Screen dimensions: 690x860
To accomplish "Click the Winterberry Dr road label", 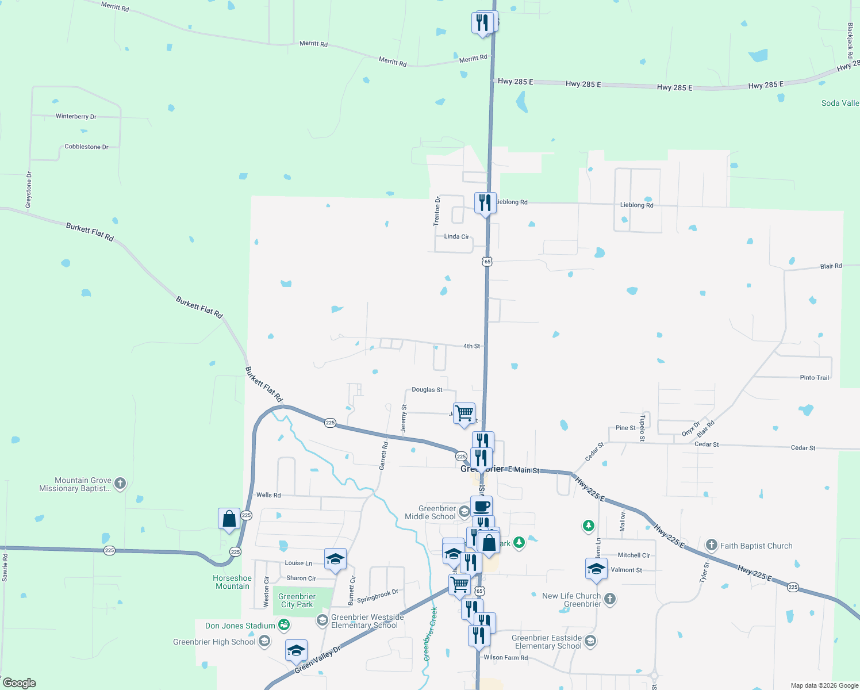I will pyautogui.click(x=76, y=116).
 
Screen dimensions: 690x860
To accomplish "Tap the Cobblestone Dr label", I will pyautogui.click(x=86, y=147).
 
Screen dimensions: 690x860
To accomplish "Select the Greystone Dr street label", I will pyautogui.click(x=29, y=190).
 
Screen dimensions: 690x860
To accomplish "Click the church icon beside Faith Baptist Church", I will pyautogui.click(x=711, y=545).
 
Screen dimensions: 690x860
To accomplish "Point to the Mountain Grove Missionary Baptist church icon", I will pyautogui.click(x=120, y=483).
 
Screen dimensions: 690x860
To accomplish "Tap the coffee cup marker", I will pyautogui.click(x=481, y=506).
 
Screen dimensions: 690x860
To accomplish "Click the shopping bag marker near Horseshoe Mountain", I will pyautogui.click(x=229, y=519).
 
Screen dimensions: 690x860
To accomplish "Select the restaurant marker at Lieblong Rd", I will pyautogui.click(x=485, y=202).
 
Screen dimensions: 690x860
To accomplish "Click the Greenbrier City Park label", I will pyautogui.click(x=297, y=600).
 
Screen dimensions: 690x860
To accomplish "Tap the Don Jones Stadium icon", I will pyautogui.click(x=283, y=624).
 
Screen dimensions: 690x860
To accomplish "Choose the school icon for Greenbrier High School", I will pyautogui.click(x=264, y=641).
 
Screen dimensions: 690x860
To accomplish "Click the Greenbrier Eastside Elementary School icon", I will pyautogui.click(x=590, y=641).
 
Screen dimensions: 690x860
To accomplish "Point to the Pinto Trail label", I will pyautogui.click(x=814, y=378).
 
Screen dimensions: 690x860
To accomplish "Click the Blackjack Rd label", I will pyautogui.click(x=850, y=40).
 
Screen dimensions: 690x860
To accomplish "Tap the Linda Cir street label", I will pyautogui.click(x=456, y=236).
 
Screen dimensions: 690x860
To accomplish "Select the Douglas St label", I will pyautogui.click(x=427, y=390).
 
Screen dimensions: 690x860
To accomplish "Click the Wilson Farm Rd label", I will pyautogui.click(x=505, y=657).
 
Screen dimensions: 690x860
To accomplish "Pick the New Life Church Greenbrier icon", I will pyautogui.click(x=610, y=599).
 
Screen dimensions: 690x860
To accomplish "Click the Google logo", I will pyautogui.click(x=20, y=683).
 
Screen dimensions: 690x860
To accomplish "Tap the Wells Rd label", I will pyautogui.click(x=268, y=495).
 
